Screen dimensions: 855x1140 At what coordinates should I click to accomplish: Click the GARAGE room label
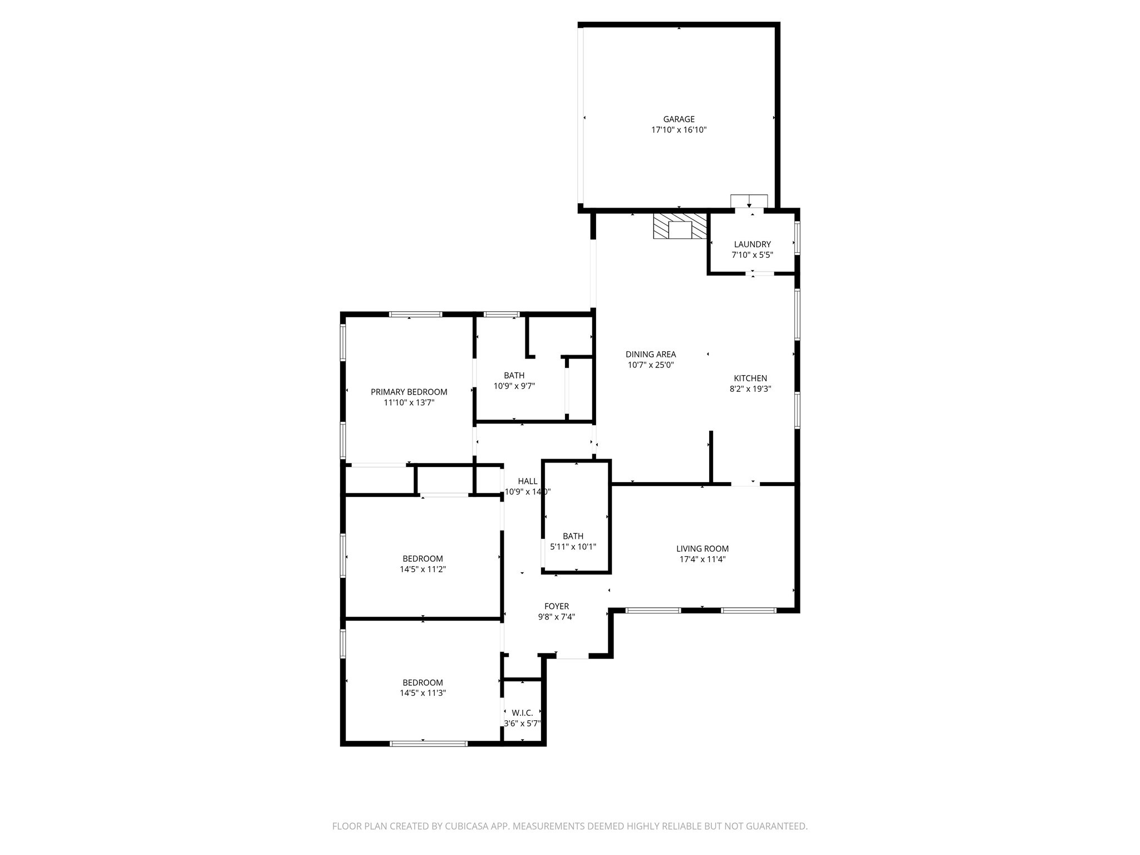[679, 119]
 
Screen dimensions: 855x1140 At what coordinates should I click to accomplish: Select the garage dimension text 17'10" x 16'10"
[679, 130]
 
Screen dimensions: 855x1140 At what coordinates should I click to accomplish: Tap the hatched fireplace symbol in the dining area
[680, 226]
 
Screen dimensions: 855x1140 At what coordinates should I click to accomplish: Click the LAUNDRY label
[752, 244]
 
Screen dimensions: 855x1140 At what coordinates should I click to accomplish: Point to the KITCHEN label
[750, 379]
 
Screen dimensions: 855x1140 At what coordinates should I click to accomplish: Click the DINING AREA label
[650, 355]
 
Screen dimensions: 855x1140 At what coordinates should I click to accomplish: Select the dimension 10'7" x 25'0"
[650, 365]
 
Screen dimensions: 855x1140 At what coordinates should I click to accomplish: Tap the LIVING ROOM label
[702, 549]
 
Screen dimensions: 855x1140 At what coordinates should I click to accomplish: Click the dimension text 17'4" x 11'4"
[702, 559]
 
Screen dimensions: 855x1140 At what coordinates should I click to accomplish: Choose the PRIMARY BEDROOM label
[409, 392]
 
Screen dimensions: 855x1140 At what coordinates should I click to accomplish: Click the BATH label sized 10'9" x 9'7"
[514, 376]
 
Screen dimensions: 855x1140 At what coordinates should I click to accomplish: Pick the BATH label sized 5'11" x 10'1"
[573, 536]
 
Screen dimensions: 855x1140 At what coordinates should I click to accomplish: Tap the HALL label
[527, 481]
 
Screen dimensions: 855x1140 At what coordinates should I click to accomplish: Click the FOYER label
[556, 606]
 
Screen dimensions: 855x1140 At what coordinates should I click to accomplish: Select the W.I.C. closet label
[522, 713]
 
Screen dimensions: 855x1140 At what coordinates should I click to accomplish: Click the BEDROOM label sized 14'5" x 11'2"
[422, 559]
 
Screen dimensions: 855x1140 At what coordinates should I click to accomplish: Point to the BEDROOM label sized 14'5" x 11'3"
[422, 683]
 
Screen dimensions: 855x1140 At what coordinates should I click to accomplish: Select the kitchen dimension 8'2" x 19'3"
[750, 389]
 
